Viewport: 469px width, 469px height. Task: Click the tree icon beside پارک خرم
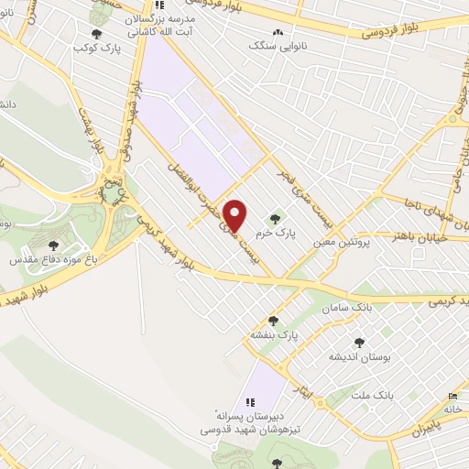pos(276,218)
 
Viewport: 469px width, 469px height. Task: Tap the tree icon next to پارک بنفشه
pos(285,321)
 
